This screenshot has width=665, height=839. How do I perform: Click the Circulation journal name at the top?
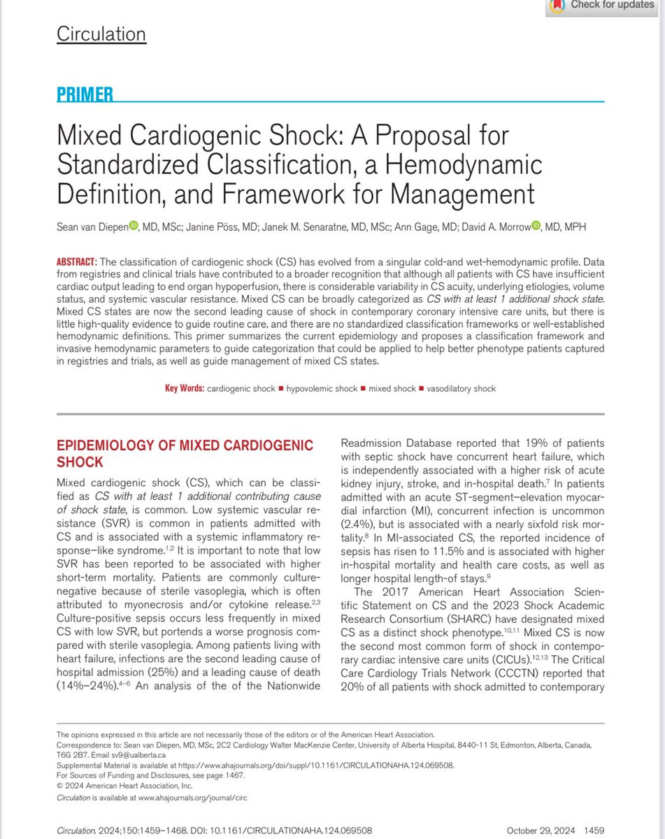coord(101,34)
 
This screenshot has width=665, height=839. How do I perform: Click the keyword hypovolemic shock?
coord(320,388)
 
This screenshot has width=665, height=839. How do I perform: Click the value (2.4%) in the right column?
coord(357,525)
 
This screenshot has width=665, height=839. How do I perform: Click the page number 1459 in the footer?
coord(594,830)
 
